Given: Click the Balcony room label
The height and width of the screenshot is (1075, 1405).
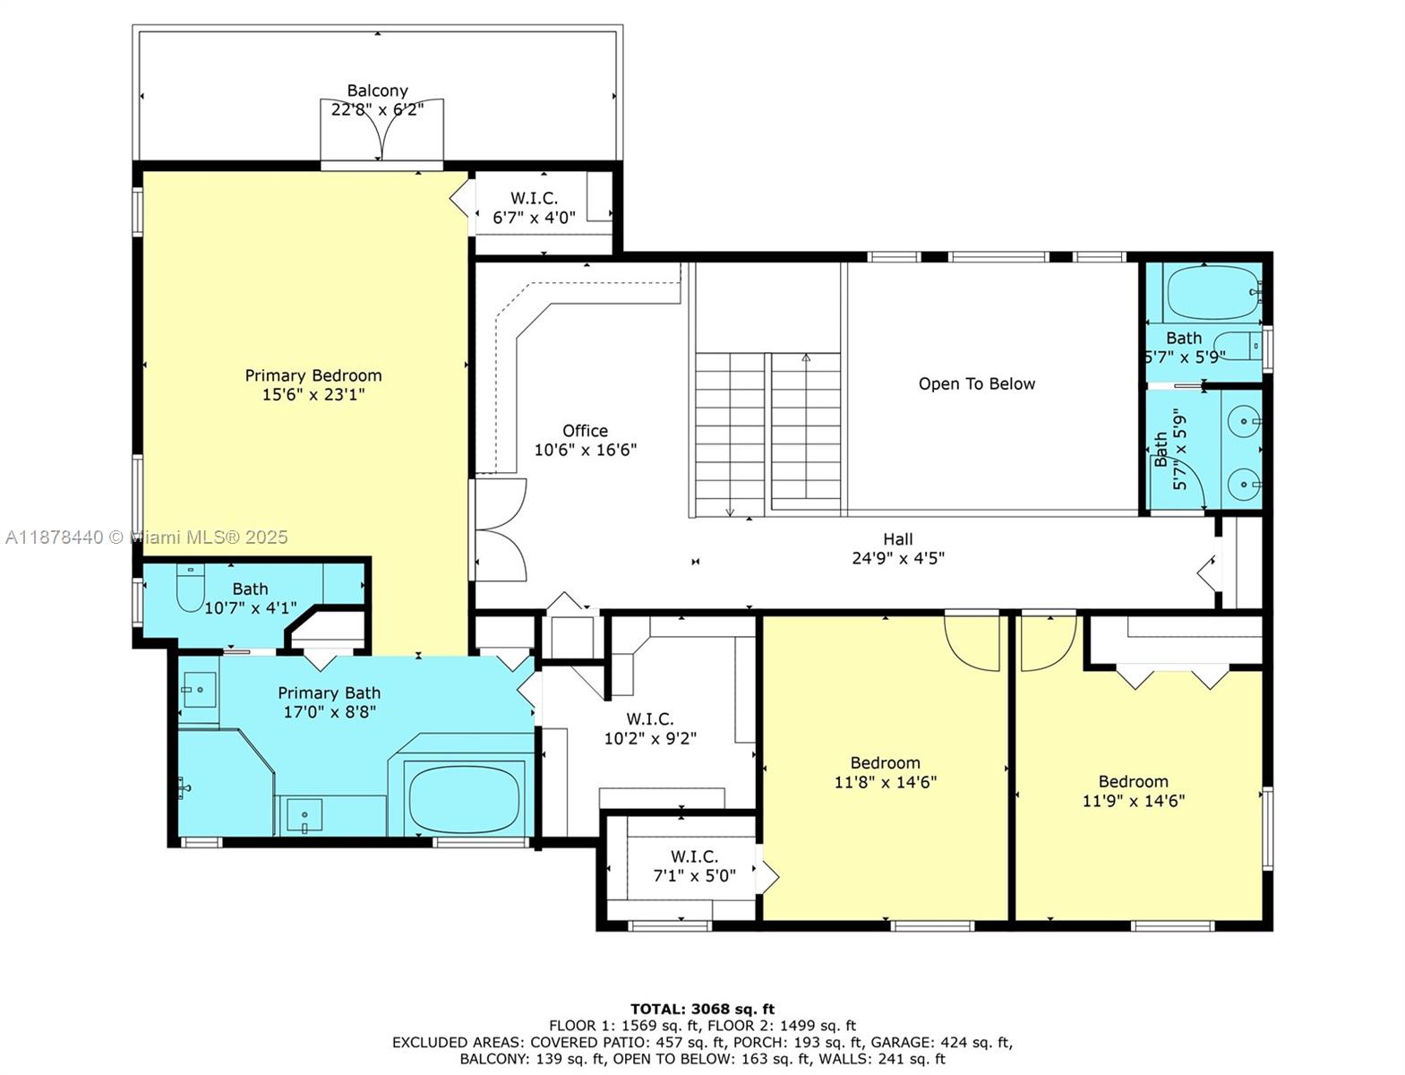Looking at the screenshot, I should tap(377, 90).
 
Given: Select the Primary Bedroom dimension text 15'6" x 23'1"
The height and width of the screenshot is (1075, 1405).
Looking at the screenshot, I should tap(313, 395).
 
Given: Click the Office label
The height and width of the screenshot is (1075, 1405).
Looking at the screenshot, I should tap(585, 431).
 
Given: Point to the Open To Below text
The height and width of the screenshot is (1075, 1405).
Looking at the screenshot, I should tap(976, 384).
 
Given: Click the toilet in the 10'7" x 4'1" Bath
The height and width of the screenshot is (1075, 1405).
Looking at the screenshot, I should tap(191, 589).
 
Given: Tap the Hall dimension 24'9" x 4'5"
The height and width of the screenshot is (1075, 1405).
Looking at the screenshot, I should tap(897, 558).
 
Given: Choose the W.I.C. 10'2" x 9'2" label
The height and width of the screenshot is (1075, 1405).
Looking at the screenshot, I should tap(650, 728).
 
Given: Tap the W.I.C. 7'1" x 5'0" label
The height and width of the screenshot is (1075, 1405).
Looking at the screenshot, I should tap(694, 865).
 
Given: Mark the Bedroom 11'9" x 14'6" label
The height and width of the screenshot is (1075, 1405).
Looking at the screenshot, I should tap(1133, 791).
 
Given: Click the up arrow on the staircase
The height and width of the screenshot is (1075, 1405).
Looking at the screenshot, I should tap(806, 358).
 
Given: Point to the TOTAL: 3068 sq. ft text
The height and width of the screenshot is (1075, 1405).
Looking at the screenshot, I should tap(702, 1009).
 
